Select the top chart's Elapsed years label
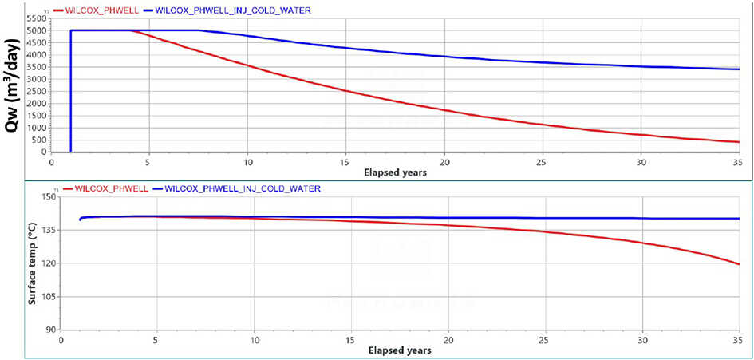pyautogui.click(x=397, y=172)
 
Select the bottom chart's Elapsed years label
pyautogui.click(x=401, y=350)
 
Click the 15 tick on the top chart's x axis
pyautogui.click(x=345, y=161)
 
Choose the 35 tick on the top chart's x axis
pyautogui.click(x=738, y=161)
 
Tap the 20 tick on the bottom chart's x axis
pyautogui.click(x=448, y=339)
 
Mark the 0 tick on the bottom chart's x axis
pyautogui.click(x=61, y=339)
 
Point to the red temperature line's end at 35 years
pyautogui.click(x=739, y=264)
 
